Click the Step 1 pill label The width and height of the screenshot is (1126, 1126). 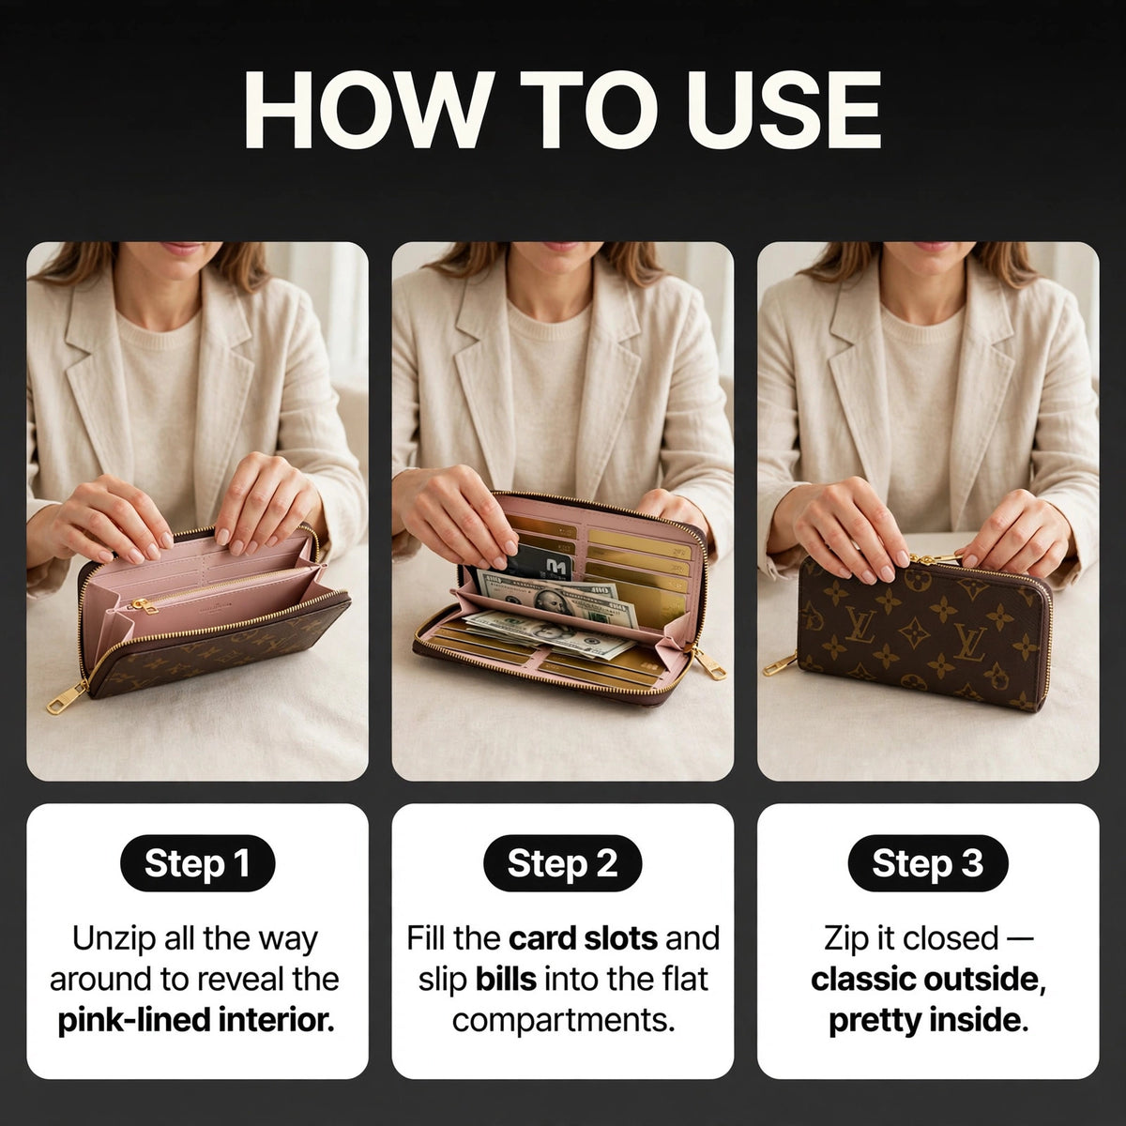click(197, 863)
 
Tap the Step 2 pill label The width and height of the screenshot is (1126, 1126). click(562, 863)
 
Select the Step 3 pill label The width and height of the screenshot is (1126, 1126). click(928, 863)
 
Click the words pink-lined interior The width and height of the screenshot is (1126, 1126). click(196, 1020)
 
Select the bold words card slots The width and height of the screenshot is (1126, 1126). click(583, 938)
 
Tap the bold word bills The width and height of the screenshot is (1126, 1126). click(506, 980)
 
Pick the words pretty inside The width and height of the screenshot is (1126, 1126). click(928, 1020)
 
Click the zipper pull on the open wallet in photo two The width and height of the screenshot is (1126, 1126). click(708, 663)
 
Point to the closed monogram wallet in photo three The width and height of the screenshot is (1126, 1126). click(924, 631)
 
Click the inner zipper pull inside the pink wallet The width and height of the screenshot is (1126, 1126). click(144, 607)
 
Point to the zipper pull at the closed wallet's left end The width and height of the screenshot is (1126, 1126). click(781, 663)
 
